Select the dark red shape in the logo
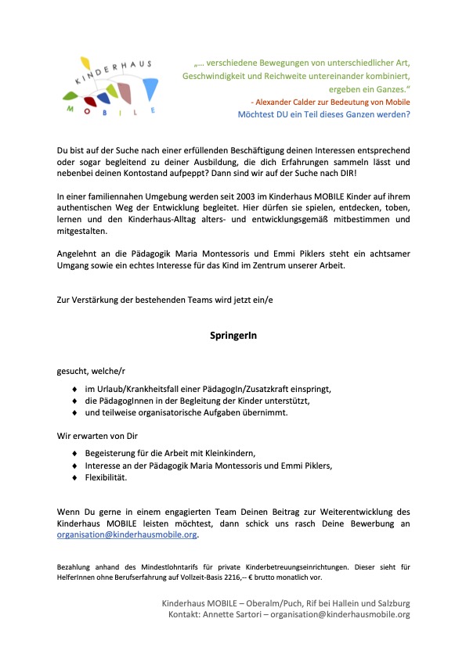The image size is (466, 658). pos(92,99)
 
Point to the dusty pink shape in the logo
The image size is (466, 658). pos(125,94)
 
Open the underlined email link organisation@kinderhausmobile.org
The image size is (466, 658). pos(128,536)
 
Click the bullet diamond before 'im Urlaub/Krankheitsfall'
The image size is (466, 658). pos(74,389)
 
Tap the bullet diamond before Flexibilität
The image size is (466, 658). pos(74,476)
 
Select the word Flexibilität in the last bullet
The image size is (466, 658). pos(106,476)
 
